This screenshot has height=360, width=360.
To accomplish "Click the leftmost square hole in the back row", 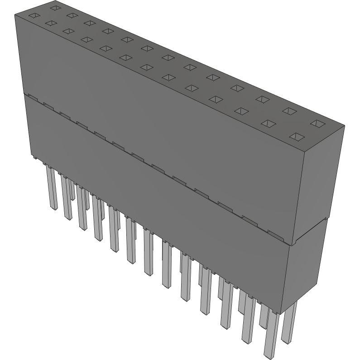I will click(55, 8).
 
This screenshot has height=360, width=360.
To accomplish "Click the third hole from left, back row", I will click(89, 23).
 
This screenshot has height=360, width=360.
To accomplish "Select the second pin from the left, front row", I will click(66, 199).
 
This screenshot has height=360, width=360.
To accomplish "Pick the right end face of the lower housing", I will click(308, 272).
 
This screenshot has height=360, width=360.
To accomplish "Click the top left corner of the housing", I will click(15, 15).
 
